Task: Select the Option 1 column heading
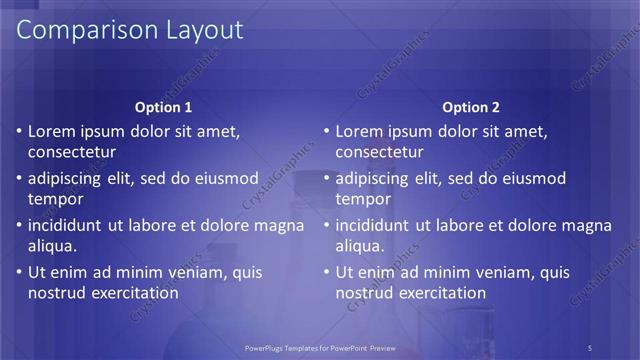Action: (163, 108)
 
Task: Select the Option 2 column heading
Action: (471, 108)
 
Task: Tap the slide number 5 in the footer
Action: (590, 347)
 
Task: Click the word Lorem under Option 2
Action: (359, 131)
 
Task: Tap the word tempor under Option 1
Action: (55, 200)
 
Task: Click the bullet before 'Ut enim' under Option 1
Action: (17, 272)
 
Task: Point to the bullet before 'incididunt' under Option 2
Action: (325, 225)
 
